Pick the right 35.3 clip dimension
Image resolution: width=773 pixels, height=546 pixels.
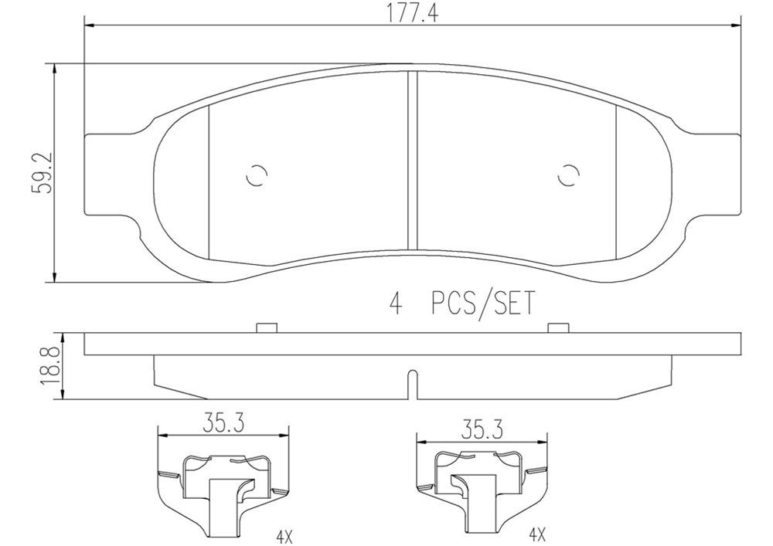(x=482, y=426)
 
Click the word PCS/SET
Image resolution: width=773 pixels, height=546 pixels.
(x=482, y=304)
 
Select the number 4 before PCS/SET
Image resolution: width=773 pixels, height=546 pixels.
(x=397, y=304)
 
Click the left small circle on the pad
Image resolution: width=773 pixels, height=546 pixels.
(x=256, y=176)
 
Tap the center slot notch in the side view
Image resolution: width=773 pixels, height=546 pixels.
(x=412, y=385)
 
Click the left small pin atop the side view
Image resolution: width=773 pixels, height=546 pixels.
(x=266, y=327)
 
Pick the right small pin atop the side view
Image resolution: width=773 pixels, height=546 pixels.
(x=557, y=327)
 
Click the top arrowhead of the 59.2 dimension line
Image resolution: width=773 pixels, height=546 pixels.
(x=54, y=69)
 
